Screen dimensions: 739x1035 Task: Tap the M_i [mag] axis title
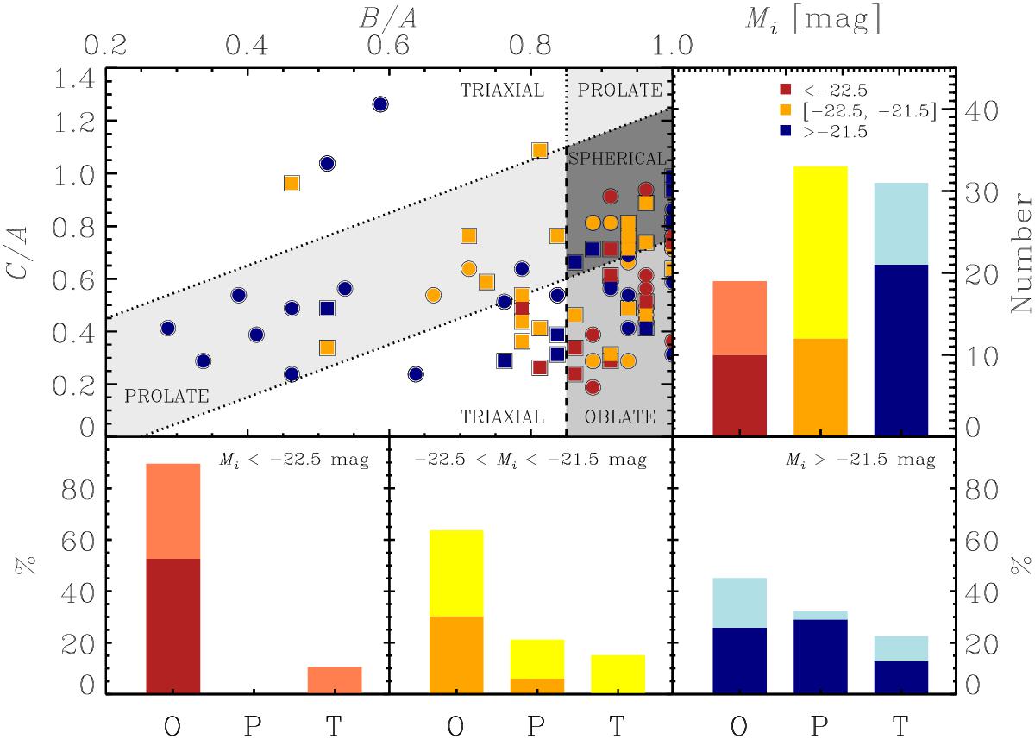point(812,17)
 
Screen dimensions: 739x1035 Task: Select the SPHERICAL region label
point(617,159)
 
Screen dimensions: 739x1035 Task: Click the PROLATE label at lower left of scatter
point(166,397)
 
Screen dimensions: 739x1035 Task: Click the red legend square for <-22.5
point(783,88)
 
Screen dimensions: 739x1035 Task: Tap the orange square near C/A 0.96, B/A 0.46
point(292,183)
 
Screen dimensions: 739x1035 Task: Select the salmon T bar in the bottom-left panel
point(335,680)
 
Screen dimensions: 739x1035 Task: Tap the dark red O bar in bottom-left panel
point(173,625)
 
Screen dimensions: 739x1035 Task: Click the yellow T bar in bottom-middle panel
point(618,673)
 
